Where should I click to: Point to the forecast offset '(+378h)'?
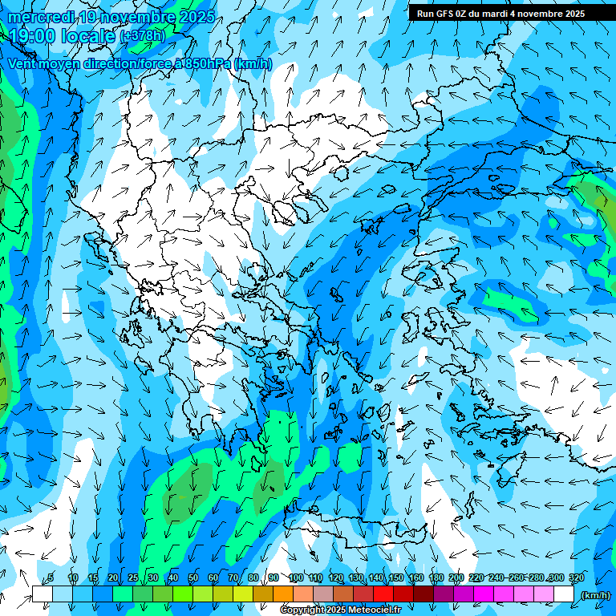click(x=142, y=36)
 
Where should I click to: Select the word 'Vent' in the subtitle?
click(x=22, y=63)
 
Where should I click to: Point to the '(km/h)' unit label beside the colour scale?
click(x=594, y=595)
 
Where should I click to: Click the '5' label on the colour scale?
click(x=51, y=578)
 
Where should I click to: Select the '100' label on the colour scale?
click(x=295, y=578)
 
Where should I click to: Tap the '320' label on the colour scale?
click(x=576, y=578)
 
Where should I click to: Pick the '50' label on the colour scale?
click(x=193, y=578)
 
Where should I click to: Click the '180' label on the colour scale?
click(x=436, y=578)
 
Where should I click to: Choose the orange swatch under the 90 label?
click(x=282, y=594)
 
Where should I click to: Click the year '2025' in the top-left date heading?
click(x=197, y=17)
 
